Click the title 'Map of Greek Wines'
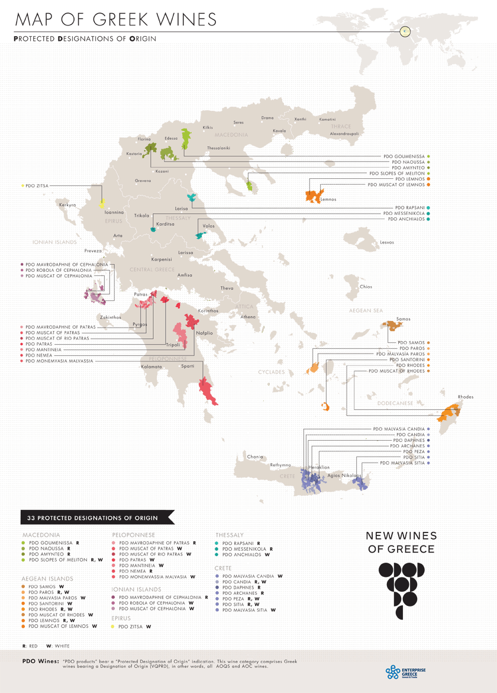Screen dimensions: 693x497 tap(116, 20)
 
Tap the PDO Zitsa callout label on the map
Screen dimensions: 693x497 tap(37, 185)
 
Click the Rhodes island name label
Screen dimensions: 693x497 tap(465, 396)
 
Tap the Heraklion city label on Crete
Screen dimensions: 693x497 tap(319, 467)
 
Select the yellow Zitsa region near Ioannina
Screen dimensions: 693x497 tap(102, 203)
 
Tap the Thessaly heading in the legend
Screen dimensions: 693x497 tap(230, 535)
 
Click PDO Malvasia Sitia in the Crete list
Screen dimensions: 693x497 tap(246, 609)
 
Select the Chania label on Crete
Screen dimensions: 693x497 tap(255, 457)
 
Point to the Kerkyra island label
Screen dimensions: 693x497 tap(68, 205)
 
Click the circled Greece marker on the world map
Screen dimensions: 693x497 tap(405, 31)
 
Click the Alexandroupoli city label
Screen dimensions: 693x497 tap(344, 134)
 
